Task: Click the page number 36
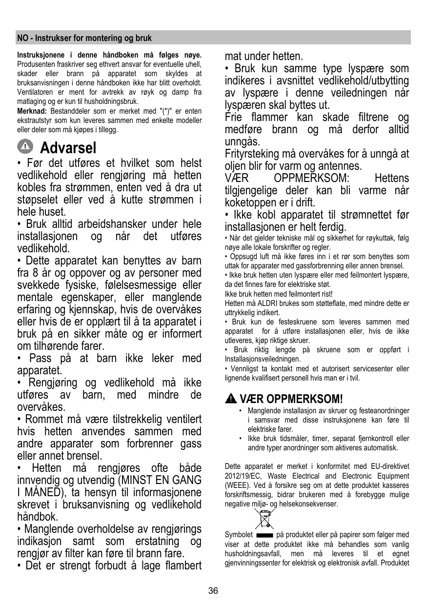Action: [213, 591]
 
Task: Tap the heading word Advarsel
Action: [68, 147]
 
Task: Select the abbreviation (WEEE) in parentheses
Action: [237, 485]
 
